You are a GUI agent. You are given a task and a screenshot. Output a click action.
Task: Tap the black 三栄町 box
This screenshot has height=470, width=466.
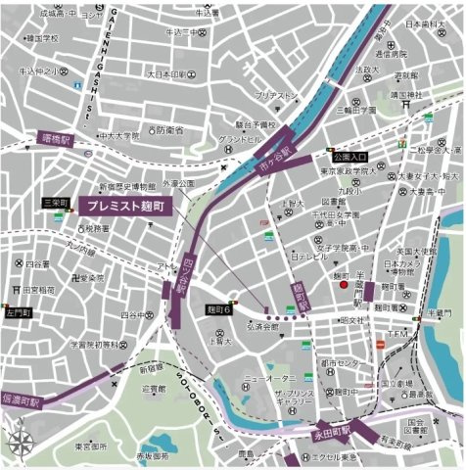(x=55, y=203)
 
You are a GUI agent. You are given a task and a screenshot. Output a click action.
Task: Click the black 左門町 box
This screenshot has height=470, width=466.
(x=18, y=313)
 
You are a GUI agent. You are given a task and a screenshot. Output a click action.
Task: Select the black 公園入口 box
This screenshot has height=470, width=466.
(x=349, y=157)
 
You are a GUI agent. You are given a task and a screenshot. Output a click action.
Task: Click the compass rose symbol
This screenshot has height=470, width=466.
(x=21, y=443)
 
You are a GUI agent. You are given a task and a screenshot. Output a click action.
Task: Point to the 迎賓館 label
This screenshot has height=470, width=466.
(x=154, y=389)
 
